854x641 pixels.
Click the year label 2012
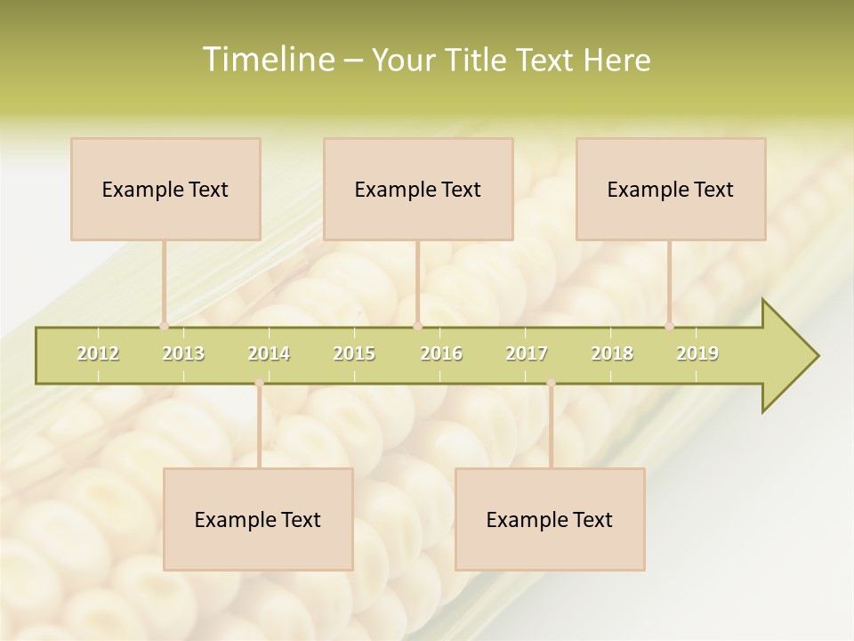[x=98, y=353]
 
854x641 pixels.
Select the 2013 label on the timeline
[x=183, y=353]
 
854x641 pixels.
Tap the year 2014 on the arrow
[x=269, y=353]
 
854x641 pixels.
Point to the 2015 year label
[x=354, y=353]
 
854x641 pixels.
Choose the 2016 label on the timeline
[x=441, y=353]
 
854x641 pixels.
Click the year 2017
[x=527, y=353]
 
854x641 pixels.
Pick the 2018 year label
[x=612, y=353]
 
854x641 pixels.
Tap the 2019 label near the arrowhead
[x=697, y=353]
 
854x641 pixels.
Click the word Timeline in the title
[x=267, y=60]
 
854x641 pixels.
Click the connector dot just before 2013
[x=164, y=326]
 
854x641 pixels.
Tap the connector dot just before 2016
[x=417, y=326]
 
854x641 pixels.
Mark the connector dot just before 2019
[x=669, y=326]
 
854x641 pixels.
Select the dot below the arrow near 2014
[x=259, y=383]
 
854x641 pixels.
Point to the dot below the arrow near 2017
[x=551, y=383]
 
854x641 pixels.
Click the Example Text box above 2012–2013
[x=165, y=189]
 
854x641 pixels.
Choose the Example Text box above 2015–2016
[x=418, y=189]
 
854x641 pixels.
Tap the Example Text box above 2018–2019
[x=671, y=189]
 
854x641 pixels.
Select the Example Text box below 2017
[x=550, y=519]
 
